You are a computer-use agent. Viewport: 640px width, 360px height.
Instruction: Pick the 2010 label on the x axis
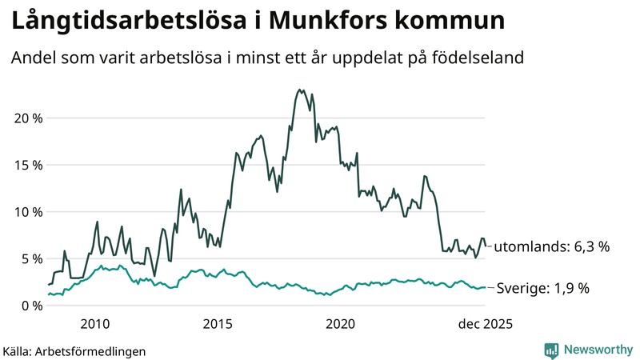click(95, 324)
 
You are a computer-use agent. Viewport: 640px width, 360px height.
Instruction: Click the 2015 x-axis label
click(218, 324)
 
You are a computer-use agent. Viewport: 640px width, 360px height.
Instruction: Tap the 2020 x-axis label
click(341, 324)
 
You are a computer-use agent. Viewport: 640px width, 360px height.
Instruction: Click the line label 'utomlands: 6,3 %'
click(551, 247)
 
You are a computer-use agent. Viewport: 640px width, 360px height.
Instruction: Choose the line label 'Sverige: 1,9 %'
click(543, 288)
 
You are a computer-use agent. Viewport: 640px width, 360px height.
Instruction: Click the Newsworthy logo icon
click(551, 350)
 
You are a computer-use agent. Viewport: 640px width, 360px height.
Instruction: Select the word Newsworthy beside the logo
click(596, 350)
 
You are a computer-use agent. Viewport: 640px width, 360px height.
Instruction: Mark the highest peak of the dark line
click(299, 90)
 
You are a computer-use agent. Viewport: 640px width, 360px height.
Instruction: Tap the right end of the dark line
click(486, 246)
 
